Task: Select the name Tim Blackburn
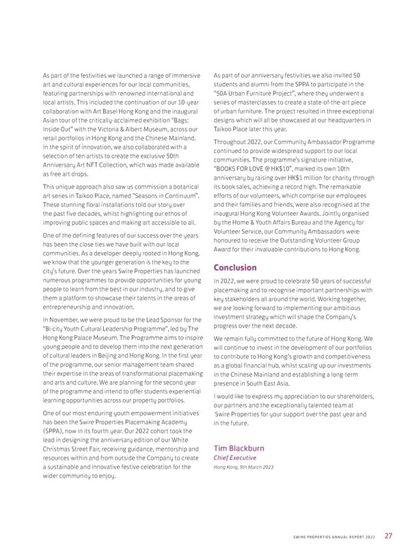(x=241, y=448)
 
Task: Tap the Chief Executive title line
(x=234, y=458)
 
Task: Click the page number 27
(x=388, y=536)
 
